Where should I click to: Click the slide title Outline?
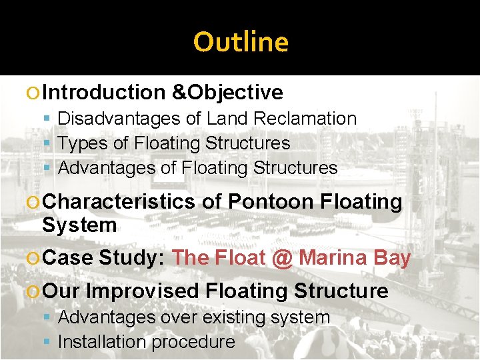click(241, 42)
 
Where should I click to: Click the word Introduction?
click(106, 92)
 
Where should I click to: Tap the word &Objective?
click(227, 92)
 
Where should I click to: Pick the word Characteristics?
click(118, 201)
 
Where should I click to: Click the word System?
click(79, 225)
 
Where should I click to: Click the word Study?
click(132, 257)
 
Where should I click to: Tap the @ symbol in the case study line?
click(283, 257)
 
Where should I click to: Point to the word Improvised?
click(143, 291)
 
